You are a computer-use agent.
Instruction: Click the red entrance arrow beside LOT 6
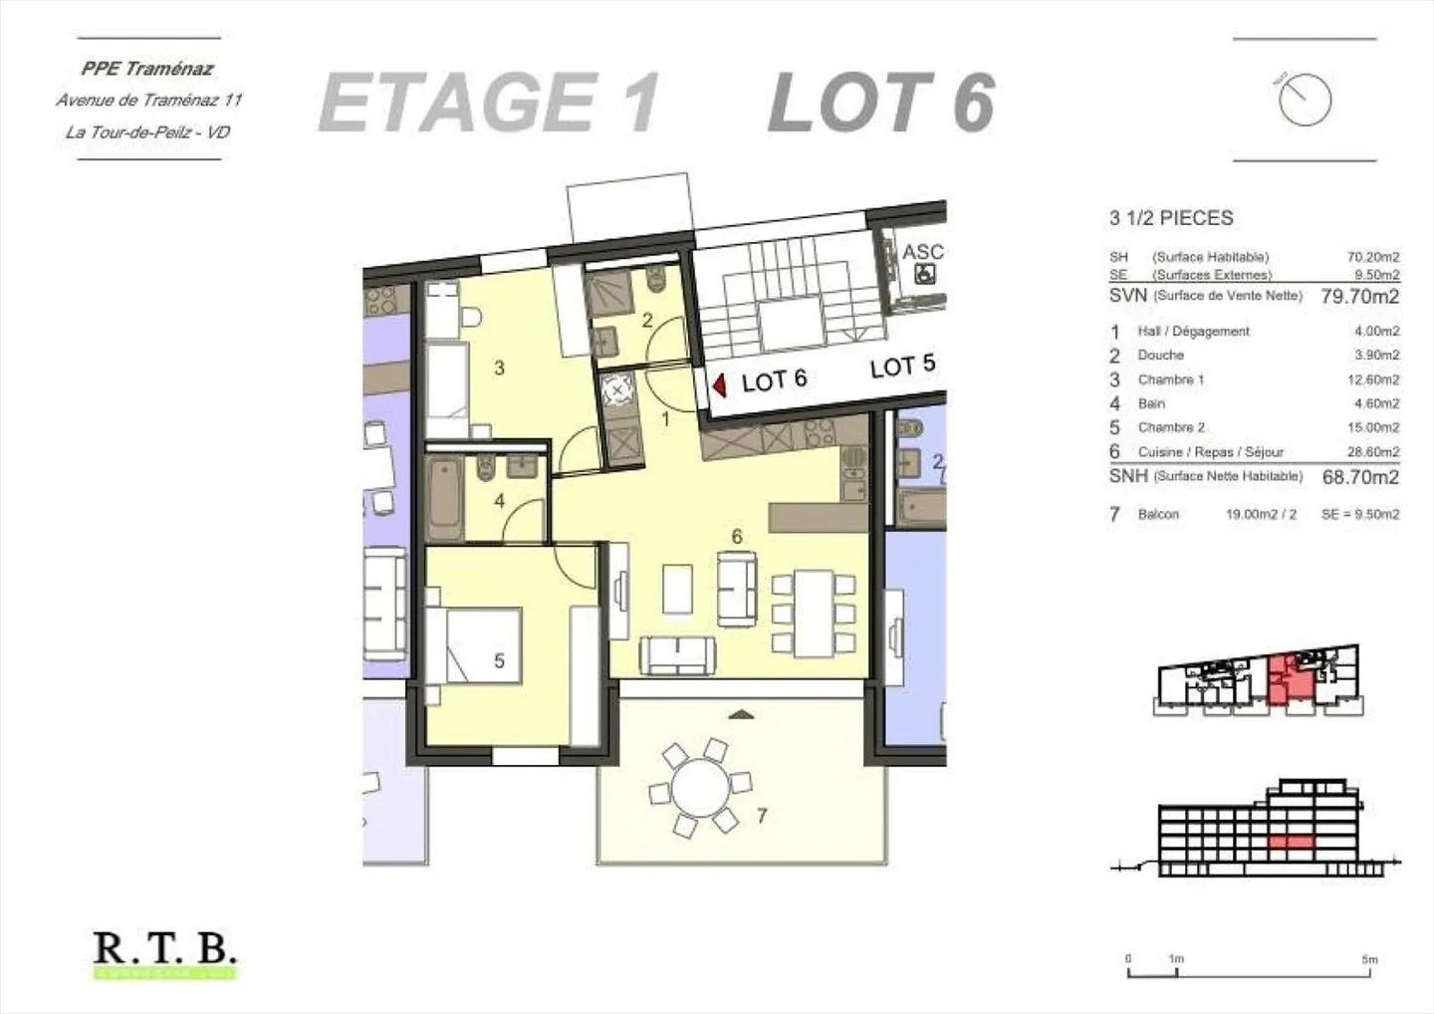(x=720, y=383)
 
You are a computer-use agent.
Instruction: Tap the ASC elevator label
(x=922, y=252)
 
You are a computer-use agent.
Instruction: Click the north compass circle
(x=1305, y=100)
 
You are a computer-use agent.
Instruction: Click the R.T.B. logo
(x=165, y=949)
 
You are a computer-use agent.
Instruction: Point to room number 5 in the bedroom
(x=499, y=660)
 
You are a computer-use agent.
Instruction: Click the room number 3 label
(x=499, y=368)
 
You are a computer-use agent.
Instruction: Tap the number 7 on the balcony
(x=762, y=816)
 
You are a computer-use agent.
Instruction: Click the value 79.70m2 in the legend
(x=1359, y=296)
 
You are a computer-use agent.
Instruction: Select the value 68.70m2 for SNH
(x=1360, y=477)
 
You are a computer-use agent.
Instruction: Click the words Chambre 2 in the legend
(x=1171, y=427)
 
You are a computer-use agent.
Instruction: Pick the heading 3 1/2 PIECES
(x=1171, y=218)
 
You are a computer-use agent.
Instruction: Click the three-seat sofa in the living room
(x=676, y=652)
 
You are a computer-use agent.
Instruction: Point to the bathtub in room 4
(x=444, y=498)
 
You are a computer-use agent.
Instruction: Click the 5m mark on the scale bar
(x=1369, y=960)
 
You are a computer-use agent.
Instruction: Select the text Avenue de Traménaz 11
(x=148, y=100)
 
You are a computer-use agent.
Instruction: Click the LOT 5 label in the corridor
(x=902, y=367)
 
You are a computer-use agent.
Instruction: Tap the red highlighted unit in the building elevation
(x=1291, y=843)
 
